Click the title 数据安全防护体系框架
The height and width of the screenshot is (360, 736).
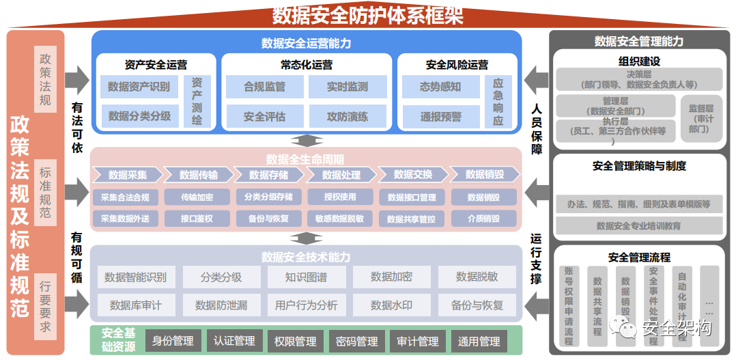[367, 14]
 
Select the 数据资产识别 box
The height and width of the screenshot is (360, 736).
[139, 87]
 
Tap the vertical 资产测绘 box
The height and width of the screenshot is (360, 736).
[197, 101]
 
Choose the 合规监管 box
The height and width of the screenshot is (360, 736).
[264, 87]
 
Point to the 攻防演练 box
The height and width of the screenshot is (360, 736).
[347, 117]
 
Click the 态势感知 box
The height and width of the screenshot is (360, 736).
[440, 87]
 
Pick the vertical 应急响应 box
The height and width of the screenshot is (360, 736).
[498, 101]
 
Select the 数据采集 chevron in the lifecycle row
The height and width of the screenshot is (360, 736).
[127, 175]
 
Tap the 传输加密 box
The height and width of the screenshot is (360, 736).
[197, 197]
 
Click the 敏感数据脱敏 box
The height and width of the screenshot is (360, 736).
[339, 219]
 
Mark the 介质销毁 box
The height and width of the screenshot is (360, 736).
[483, 219]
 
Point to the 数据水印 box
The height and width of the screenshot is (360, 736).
[391, 305]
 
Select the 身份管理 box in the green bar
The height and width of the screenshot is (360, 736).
[172, 341]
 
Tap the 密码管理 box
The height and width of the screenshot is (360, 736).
[356, 341]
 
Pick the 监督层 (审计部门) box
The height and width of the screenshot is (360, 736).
[700, 117]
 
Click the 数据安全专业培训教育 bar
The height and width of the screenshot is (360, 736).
[638, 225]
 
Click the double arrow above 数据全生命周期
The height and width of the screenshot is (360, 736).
[306, 141]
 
